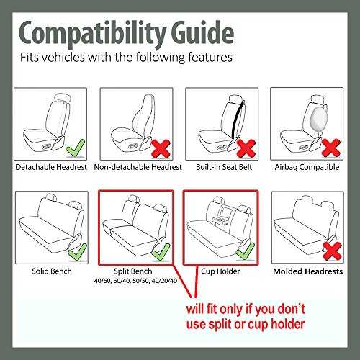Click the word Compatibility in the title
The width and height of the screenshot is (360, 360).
(x=92, y=33)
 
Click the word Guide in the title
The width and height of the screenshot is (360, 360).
(x=203, y=32)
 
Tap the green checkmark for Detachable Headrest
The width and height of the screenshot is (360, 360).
(x=76, y=148)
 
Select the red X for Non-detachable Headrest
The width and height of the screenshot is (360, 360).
(x=161, y=148)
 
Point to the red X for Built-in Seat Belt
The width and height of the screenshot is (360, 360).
(x=246, y=148)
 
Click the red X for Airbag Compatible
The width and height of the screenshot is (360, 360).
(x=331, y=148)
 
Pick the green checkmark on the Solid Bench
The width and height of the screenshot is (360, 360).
(x=78, y=252)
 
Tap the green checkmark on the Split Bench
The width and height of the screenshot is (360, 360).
(x=161, y=252)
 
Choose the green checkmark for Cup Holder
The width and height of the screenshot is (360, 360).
(x=246, y=251)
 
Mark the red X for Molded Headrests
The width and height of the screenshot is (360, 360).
(x=332, y=251)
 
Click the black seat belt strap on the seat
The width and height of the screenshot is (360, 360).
(x=237, y=120)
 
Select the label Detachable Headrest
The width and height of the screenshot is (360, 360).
(x=51, y=167)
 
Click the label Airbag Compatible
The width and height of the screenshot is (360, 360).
(x=307, y=167)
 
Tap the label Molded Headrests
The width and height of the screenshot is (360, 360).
(x=308, y=271)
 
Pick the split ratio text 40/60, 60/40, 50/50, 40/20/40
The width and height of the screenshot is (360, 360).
(x=135, y=281)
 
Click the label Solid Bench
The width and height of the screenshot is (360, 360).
(x=52, y=271)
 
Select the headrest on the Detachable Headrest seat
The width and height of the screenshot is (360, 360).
(x=63, y=98)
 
